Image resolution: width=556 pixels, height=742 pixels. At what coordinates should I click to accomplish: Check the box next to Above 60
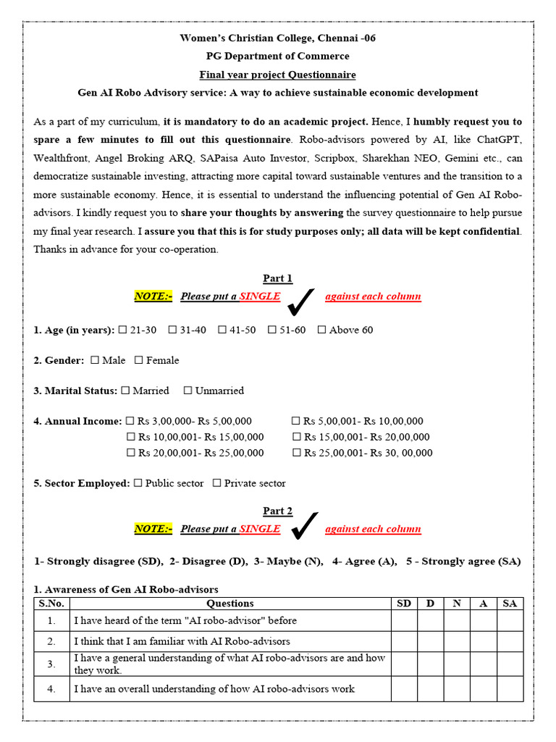[321, 330]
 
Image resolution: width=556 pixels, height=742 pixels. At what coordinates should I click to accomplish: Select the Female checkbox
[139, 360]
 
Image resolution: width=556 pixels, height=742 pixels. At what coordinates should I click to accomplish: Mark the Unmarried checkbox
[188, 391]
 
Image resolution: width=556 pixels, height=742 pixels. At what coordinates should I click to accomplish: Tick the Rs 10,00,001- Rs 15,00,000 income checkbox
[131, 437]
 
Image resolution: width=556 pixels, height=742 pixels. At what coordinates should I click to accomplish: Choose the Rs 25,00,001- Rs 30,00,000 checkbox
[296, 453]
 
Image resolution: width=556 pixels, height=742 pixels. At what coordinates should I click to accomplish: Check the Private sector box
[216, 483]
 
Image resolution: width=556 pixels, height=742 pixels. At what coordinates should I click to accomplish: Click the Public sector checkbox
[138, 483]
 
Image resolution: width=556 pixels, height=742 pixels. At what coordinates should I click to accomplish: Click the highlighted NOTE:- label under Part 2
[153, 529]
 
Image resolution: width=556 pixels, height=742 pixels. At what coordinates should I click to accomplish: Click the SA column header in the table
[510, 604]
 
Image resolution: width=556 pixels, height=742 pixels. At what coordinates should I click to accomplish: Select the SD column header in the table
[404, 604]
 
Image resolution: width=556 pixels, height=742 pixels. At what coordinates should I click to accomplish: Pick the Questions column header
[230, 604]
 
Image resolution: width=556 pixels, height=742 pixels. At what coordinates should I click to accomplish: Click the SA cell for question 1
[510, 621]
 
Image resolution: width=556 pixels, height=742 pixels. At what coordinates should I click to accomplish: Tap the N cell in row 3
[457, 664]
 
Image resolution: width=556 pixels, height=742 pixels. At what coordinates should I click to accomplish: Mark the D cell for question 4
[430, 689]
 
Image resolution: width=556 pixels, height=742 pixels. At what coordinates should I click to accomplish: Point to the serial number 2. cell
[51, 641]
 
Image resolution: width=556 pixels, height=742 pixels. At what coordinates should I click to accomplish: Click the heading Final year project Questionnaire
[278, 75]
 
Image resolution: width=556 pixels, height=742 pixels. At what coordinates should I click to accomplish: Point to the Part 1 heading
[278, 279]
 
